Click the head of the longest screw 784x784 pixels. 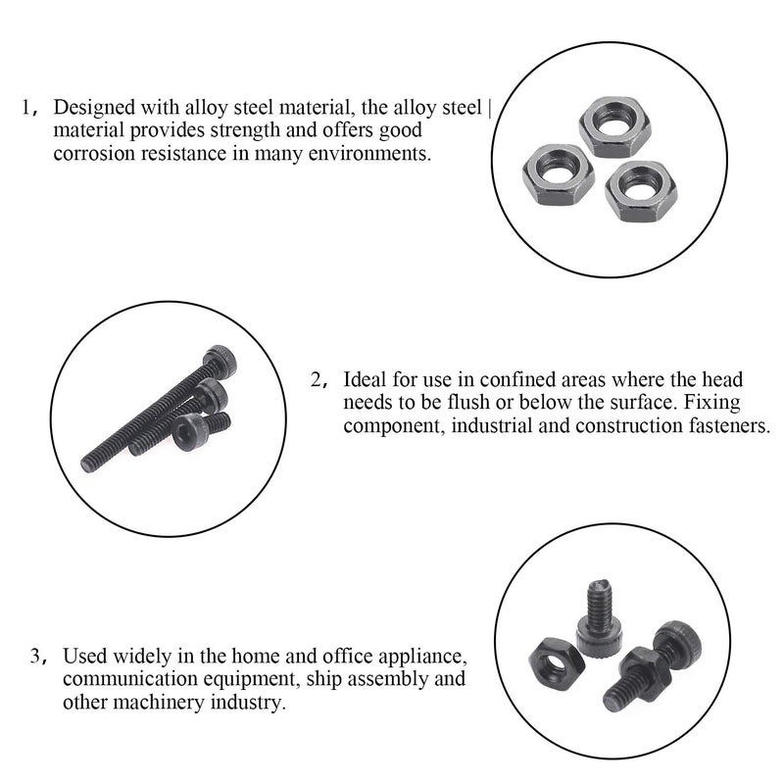220,361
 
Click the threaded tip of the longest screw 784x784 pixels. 88,462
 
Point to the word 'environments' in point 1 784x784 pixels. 376,154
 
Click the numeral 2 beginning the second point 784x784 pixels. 316,380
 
